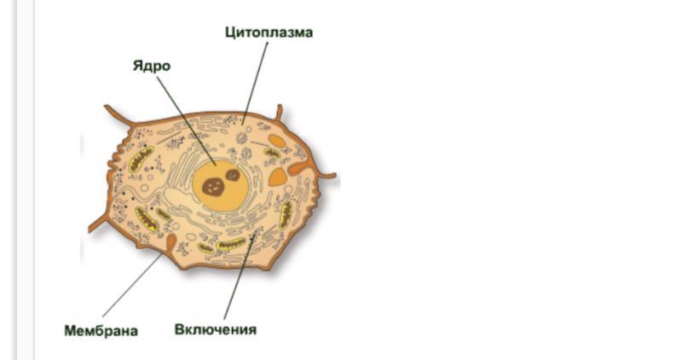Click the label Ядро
151,66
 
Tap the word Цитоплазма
269,32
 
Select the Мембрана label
101,330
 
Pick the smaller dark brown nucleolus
232,175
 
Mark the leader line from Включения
236,282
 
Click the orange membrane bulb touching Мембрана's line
171,243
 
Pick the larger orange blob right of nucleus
278,177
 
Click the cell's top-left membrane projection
115,113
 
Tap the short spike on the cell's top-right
279,112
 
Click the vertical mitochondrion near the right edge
286,213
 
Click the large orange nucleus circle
220,182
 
